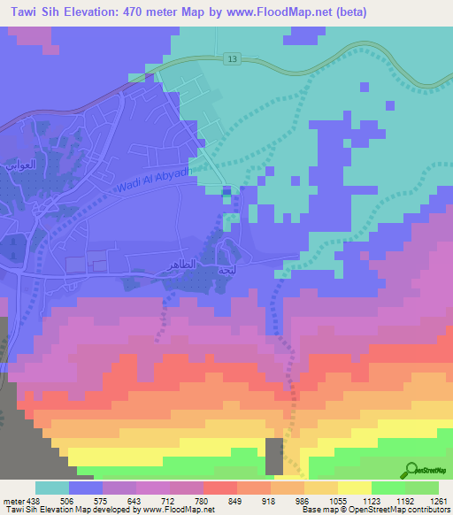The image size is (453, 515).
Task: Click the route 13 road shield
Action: [x=233, y=58]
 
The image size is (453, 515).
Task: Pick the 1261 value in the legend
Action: [x=437, y=500]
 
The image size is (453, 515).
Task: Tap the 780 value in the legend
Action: [x=203, y=500]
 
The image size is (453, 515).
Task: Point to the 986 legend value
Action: [x=303, y=500]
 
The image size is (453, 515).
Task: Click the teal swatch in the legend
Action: [x=52, y=488]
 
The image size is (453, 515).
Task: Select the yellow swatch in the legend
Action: [x=355, y=488]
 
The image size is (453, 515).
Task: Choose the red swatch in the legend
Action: [x=220, y=488]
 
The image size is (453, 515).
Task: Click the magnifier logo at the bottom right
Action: [x=412, y=471]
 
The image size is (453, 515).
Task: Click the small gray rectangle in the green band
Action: [x=275, y=455]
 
